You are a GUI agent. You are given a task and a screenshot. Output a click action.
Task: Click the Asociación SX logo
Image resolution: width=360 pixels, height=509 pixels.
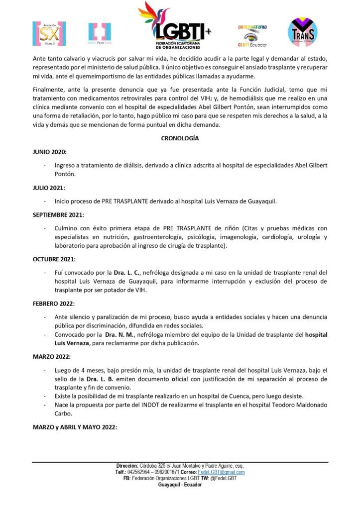click(49, 33)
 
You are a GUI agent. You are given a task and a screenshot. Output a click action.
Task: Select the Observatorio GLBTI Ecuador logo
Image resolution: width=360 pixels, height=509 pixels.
click(252, 35)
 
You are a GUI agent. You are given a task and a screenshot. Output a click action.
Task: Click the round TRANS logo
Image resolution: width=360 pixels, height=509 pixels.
click(303, 32)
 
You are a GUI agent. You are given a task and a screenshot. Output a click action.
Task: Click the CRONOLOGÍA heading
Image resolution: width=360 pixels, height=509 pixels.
click(180, 138)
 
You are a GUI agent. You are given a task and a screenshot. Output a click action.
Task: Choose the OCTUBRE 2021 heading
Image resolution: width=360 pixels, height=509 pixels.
click(54, 259)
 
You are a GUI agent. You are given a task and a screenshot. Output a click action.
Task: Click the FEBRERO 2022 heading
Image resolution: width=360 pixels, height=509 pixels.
click(55, 304)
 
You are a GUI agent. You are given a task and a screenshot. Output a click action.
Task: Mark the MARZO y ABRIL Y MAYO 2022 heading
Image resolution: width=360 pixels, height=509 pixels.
click(75, 426)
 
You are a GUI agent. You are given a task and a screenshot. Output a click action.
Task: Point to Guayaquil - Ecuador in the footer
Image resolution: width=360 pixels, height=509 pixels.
click(180, 484)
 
